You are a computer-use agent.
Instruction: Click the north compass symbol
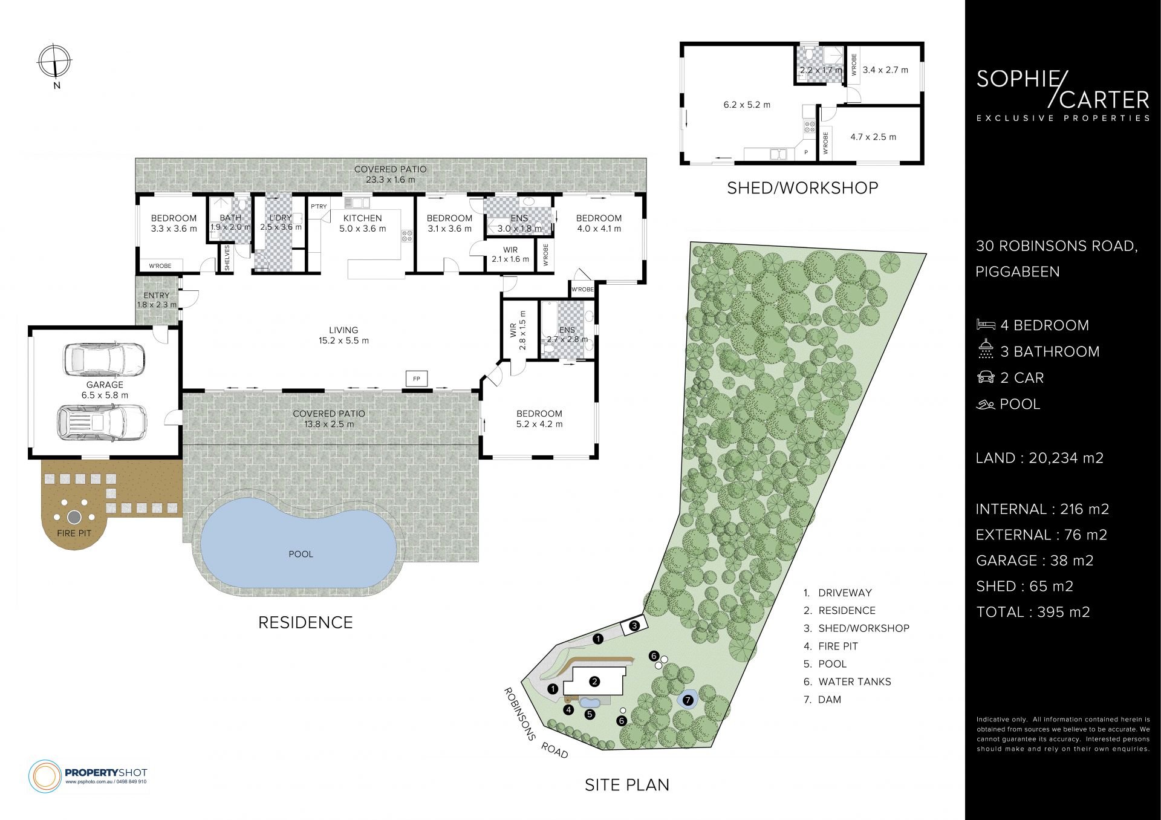55,62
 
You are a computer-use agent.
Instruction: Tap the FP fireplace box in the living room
417,379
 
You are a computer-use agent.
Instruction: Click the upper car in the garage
104,360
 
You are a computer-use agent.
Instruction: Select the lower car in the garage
102,421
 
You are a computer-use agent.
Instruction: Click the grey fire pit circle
74,518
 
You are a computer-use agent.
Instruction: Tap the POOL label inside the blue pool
301,554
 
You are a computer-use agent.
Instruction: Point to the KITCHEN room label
362,218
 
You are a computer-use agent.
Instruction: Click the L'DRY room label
280,218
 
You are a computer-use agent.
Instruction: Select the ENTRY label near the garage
157,296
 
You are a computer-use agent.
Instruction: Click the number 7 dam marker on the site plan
688,700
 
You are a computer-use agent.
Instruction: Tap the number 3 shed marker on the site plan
634,626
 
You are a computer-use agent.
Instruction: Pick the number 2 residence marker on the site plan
595,682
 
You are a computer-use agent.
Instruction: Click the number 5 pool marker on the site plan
590,714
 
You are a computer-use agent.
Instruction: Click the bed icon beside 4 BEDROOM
986,325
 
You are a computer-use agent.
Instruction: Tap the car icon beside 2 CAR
986,377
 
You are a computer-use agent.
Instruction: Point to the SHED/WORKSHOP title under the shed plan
802,188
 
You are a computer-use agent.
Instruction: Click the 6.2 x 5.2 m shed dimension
747,105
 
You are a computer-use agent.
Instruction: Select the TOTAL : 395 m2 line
1033,612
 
